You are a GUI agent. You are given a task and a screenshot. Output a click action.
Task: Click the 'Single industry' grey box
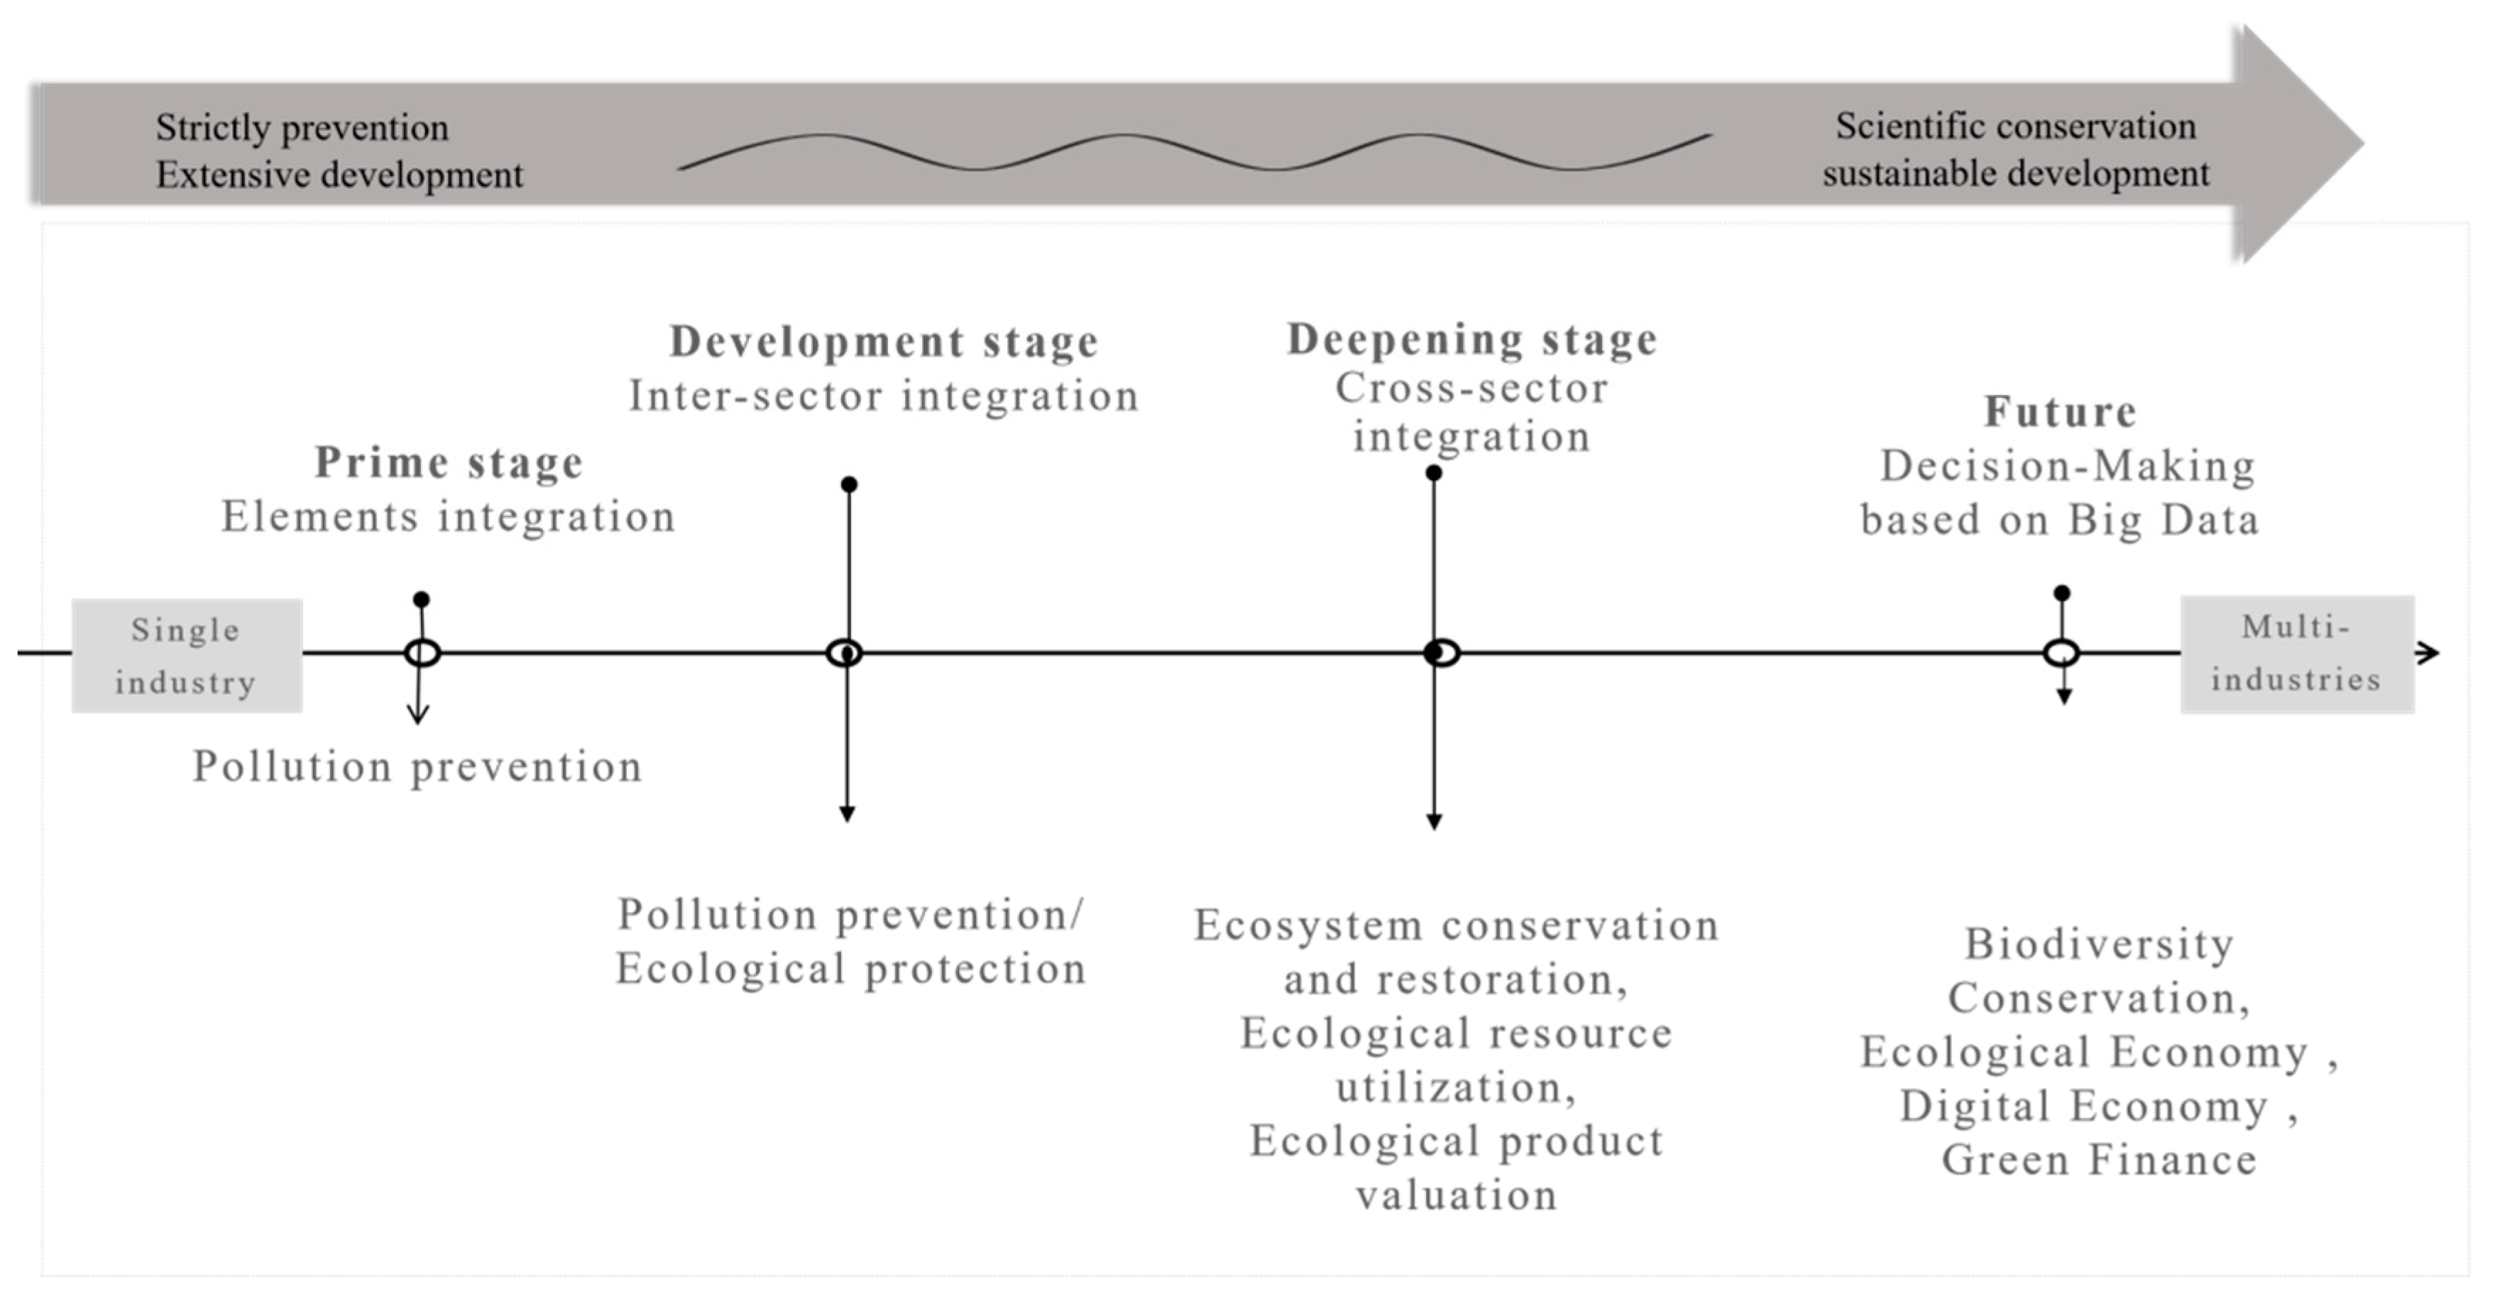point(187,656)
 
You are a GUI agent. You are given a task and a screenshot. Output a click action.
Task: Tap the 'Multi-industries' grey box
point(2296,654)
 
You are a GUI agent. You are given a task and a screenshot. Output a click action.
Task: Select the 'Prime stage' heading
point(449,463)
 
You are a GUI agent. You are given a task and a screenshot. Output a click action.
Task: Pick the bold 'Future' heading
point(2060,412)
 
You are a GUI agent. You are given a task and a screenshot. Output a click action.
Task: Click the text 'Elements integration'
point(449,516)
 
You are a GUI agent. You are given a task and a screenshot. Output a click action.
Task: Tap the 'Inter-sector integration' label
point(883,396)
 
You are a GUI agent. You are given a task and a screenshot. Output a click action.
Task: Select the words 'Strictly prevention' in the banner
point(302,128)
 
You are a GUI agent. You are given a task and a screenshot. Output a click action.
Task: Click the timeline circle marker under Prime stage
point(422,653)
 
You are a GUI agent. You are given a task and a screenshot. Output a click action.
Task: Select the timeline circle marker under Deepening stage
point(1441,653)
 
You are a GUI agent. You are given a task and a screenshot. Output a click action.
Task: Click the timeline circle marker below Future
point(2061,653)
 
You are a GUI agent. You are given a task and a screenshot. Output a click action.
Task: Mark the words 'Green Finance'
point(2099,1161)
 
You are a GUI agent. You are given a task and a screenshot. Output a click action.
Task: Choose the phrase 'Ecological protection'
point(850,969)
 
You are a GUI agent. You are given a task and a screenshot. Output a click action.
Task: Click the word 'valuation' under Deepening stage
point(1457,1195)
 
